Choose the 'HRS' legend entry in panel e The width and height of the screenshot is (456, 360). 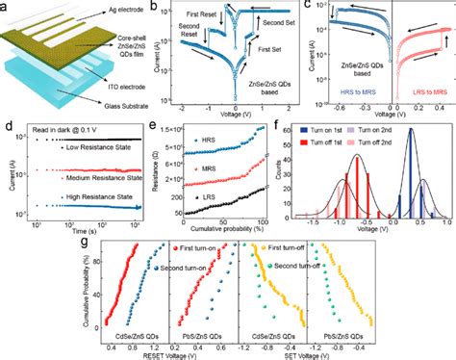(x=204, y=140)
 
